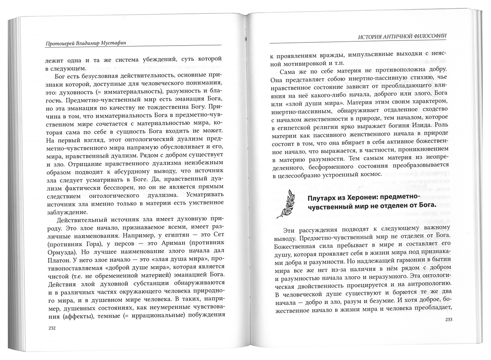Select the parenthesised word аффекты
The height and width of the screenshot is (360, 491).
(79, 316)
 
